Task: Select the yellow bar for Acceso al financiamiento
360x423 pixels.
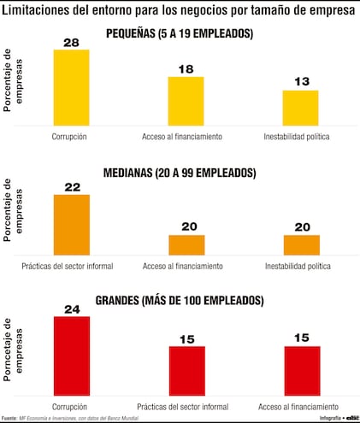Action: point(186,101)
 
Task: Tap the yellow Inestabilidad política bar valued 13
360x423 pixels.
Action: point(300,108)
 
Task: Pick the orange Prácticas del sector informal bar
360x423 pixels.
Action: point(71,225)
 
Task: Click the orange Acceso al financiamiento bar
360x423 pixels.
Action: point(186,244)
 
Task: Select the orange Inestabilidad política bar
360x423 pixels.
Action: point(300,244)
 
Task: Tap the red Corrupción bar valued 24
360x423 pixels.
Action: point(71,355)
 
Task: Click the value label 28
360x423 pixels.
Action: point(71,43)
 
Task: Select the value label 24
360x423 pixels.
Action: point(71,310)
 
